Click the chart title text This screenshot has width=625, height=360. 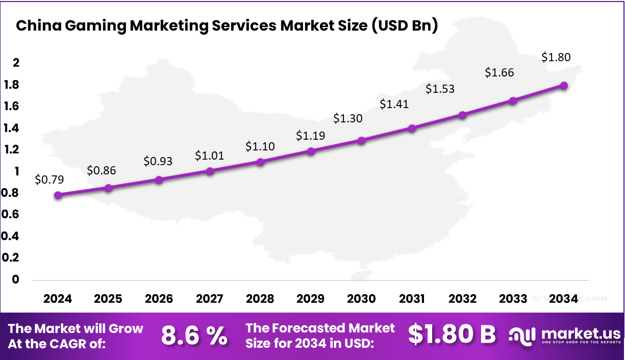click(227, 26)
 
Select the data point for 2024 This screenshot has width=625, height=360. click(58, 195)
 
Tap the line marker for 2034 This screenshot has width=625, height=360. click(564, 85)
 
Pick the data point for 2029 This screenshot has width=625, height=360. click(311, 151)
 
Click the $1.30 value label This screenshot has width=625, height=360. click(348, 118)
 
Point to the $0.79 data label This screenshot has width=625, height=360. click(49, 179)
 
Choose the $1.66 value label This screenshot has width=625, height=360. click(499, 72)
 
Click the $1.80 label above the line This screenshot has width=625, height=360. click(556, 57)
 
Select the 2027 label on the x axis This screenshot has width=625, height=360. click(209, 299)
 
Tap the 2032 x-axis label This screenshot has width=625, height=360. click(462, 299)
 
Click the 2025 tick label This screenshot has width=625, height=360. click(108, 299)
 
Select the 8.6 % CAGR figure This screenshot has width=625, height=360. click(194, 336)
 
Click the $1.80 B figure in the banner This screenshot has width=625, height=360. click(452, 335)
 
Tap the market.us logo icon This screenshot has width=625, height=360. click(522, 336)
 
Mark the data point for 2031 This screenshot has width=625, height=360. click(412, 128)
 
